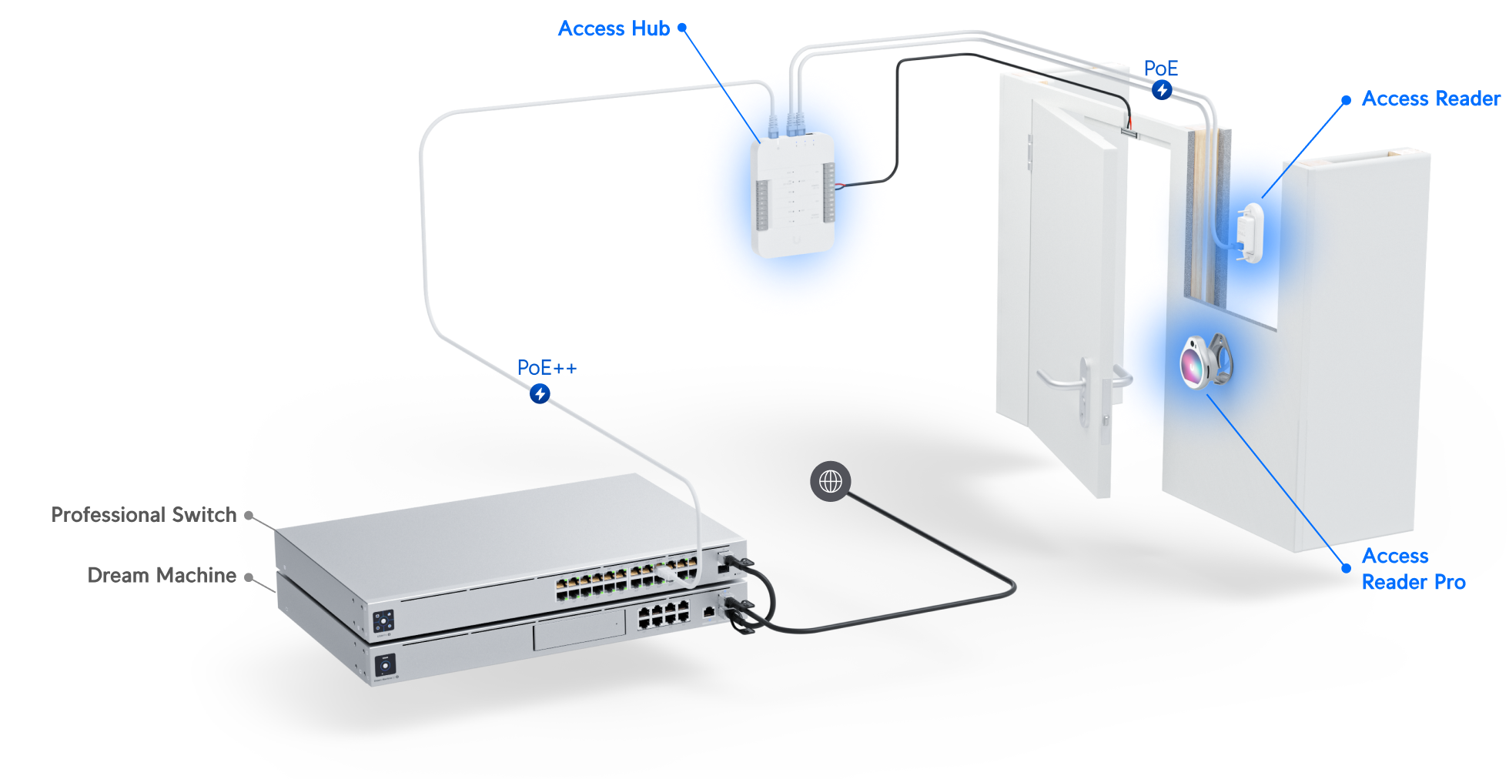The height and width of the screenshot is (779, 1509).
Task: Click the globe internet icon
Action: (x=830, y=482)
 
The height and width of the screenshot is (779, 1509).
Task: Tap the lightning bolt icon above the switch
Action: (x=540, y=394)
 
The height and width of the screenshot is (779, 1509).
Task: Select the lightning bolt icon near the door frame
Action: (x=1162, y=91)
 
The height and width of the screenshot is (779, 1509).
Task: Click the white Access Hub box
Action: (x=792, y=195)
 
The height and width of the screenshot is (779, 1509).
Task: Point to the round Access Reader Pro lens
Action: (x=1194, y=363)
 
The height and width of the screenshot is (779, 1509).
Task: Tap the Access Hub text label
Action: (x=614, y=28)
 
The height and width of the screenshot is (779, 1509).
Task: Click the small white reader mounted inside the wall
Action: (x=1250, y=232)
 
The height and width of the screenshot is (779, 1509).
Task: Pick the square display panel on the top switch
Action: (x=383, y=621)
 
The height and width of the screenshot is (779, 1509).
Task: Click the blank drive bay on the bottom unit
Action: (x=579, y=631)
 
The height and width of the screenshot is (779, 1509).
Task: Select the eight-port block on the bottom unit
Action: (x=663, y=615)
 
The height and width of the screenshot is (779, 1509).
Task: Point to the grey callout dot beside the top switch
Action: (x=248, y=515)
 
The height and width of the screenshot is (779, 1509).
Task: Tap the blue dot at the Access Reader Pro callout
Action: (x=1346, y=568)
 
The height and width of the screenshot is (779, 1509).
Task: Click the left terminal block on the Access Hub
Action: (x=761, y=204)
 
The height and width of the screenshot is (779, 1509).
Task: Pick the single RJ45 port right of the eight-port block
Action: (x=708, y=613)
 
